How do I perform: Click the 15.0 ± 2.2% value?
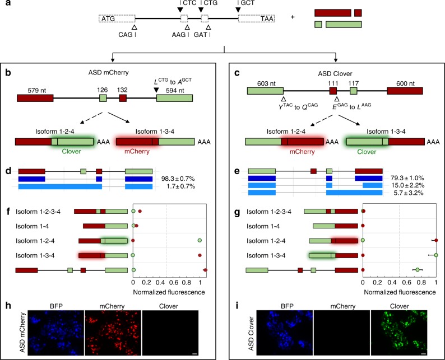tap(411, 185)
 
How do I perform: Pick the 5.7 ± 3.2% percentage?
tap(411, 193)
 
